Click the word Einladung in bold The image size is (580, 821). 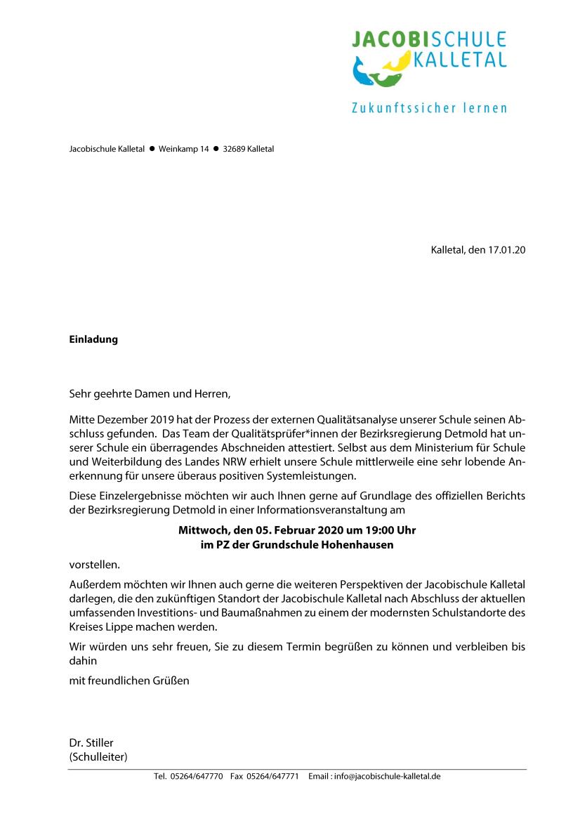pos(93,340)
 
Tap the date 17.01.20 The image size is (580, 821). pos(507,250)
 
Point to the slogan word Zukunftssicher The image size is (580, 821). pos(402,108)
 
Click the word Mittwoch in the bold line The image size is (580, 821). pos(202,530)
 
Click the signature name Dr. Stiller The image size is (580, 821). pos(91,742)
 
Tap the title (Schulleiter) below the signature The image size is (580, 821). pos(98,756)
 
